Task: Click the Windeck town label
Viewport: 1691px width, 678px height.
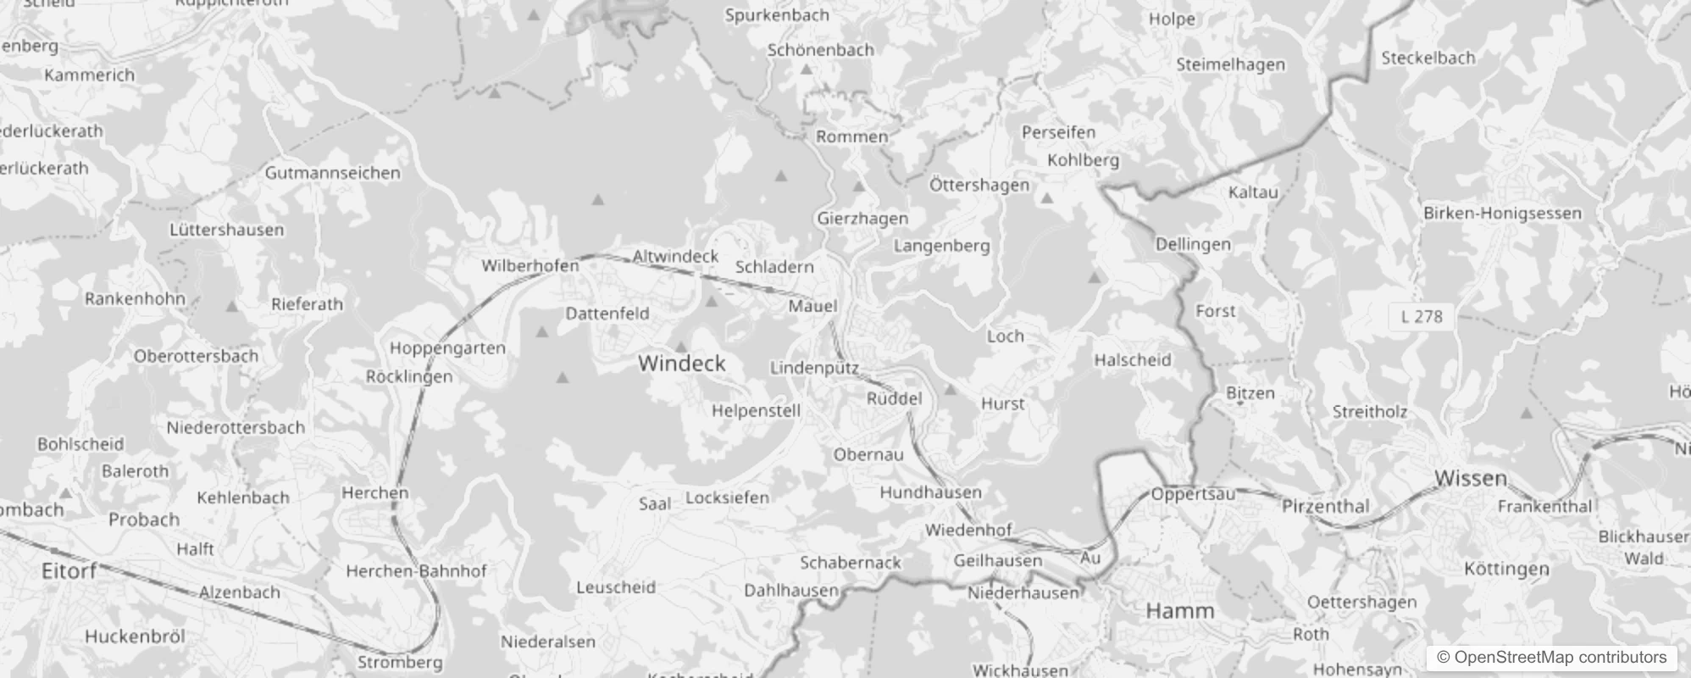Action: (x=682, y=364)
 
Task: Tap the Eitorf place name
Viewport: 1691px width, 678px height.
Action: (x=69, y=571)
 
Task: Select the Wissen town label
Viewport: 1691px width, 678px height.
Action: (x=1471, y=479)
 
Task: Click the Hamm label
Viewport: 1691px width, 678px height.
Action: (x=1179, y=611)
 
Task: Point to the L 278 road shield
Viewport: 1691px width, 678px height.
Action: (x=1422, y=317)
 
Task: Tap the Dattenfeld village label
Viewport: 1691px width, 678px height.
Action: (x=607, y=314)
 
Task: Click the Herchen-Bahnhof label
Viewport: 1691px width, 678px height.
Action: (x=417, y=571)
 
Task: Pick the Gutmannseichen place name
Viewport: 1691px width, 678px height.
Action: (x=332, y=173)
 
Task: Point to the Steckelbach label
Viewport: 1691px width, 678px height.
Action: (x=1428, y=58)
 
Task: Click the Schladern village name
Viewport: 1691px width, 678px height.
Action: (x=774, y=267)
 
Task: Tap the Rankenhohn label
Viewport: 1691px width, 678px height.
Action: (x=135, y=298)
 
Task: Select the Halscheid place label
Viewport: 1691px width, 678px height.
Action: (x=1132, y=360)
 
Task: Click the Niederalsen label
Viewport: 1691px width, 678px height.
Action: (x=548, y=642)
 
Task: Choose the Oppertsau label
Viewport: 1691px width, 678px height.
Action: (x=1193, y=494)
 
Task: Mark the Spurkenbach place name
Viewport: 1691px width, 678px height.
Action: (x=777, y=15)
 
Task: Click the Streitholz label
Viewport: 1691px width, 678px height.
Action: (x=1370, y=413)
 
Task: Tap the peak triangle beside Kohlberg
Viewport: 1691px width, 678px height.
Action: (x=1047, y=198)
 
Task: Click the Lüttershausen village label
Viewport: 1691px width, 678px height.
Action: (x=226, y=230)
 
